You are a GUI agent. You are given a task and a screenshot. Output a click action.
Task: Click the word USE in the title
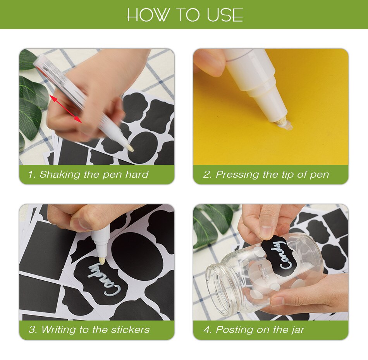[225, 15]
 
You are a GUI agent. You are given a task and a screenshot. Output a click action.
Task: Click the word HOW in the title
[148, 15]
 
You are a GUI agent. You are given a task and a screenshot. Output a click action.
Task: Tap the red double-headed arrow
[65, 109]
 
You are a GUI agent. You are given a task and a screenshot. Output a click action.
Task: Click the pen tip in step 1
[130, 148]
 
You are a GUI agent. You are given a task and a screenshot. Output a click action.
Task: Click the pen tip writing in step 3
[102, 261]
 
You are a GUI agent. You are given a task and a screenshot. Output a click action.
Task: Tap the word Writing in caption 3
[58, 330]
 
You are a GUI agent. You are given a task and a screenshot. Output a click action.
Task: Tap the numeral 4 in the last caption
[207, 330]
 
